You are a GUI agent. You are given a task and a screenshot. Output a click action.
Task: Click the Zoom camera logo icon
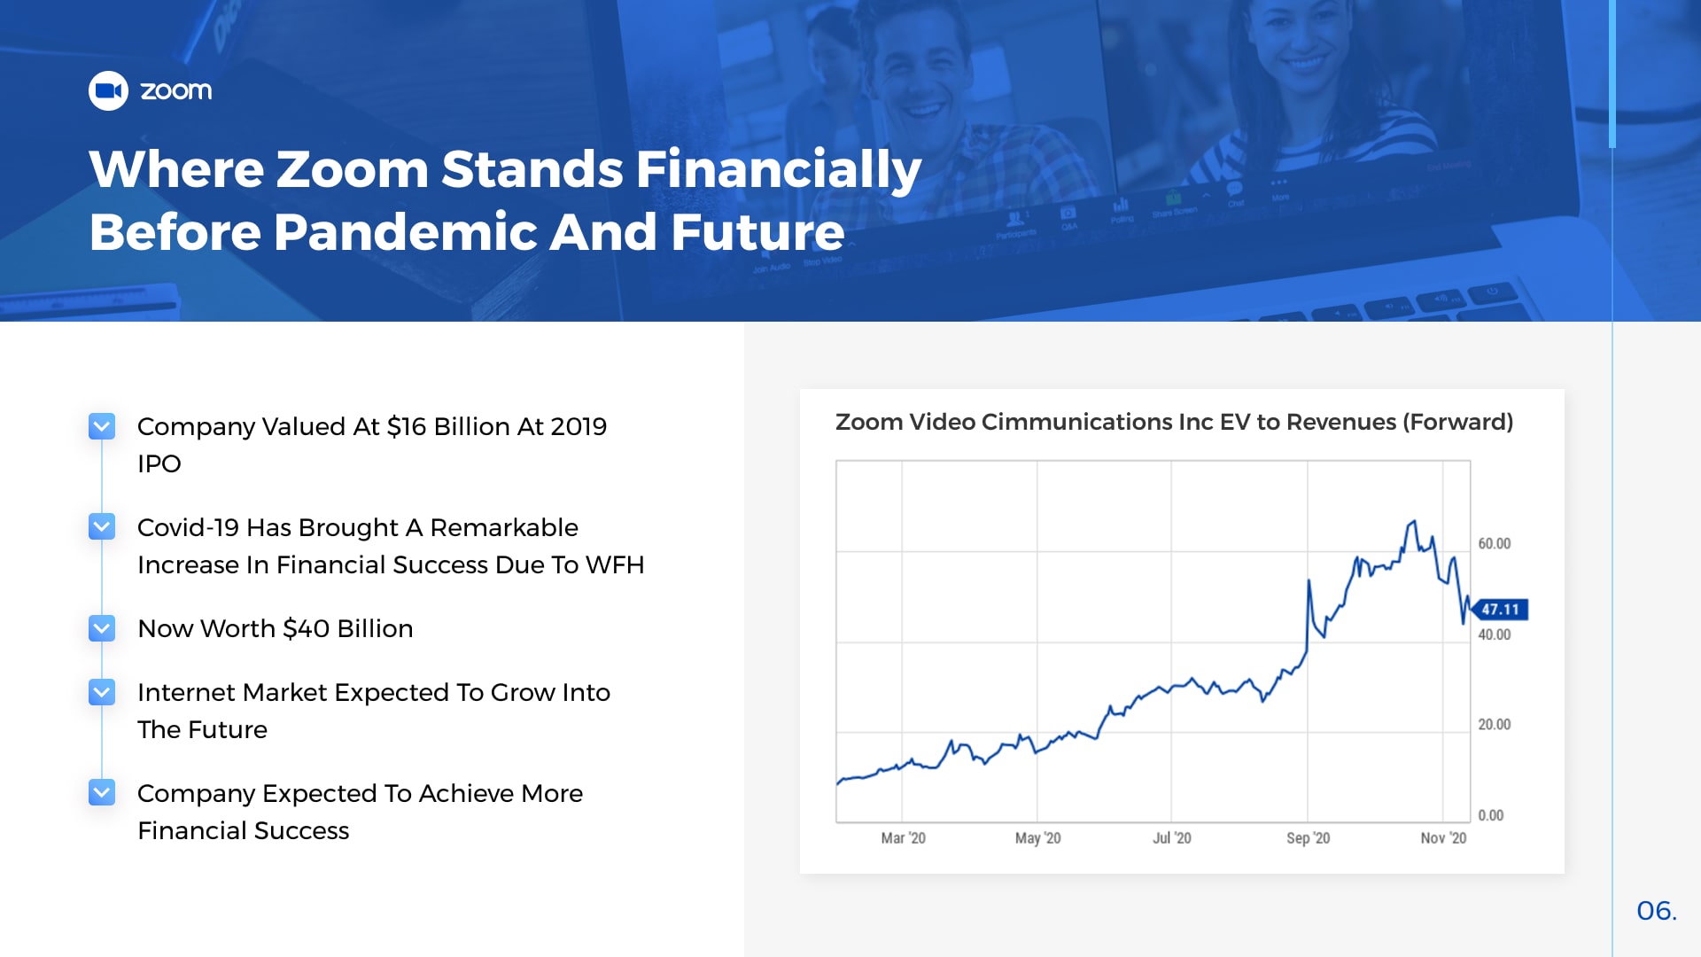[x=108, y=90]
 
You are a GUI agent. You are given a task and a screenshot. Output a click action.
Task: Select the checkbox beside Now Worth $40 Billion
[x=102, y=628]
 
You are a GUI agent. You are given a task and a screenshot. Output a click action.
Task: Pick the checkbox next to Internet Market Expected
[x=102, y=692]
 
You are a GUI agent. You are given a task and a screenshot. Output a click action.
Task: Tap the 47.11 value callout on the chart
[x=1500, y=610]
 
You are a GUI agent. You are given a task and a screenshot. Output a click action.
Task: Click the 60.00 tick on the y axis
[x=1494, y=544]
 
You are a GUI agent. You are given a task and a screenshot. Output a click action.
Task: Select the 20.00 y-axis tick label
[x=1494, y=725]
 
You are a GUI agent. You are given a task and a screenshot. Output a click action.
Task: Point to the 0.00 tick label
[x=1490, y=815]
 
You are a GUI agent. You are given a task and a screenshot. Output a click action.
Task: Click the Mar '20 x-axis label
[x=903, y=838]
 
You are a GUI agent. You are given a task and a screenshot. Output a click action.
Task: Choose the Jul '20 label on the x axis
[x=1171, y=838]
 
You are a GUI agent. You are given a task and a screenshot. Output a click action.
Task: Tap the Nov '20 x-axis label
[x=1443, y=838]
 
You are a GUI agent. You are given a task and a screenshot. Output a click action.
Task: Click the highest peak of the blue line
[x=1414, y=521]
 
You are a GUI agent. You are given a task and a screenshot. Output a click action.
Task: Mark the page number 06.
[x=1657, y=911]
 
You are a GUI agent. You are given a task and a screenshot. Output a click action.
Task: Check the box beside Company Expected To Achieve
[x=102, y=793]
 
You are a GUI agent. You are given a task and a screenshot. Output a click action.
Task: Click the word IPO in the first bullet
[x=159, y=464]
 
